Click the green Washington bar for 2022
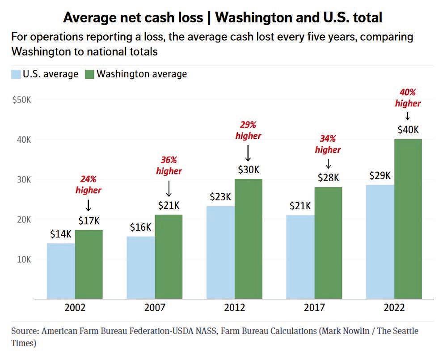(408, 219)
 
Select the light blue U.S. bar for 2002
(61, 271)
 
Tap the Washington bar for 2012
(249, 239)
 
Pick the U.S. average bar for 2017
(300, 257)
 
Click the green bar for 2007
(169, 257)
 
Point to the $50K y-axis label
(21, 100)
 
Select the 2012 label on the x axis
(235, 308)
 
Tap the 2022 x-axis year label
(394, 308)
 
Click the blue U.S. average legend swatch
(16, 74)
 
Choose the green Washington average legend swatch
(89, 74)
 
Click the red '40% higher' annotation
(408, 98)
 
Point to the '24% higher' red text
(88, 185)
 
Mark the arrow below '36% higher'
(169, 188)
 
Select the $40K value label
(408, 130)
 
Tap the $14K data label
(60, 234)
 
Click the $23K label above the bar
(220, 197)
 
